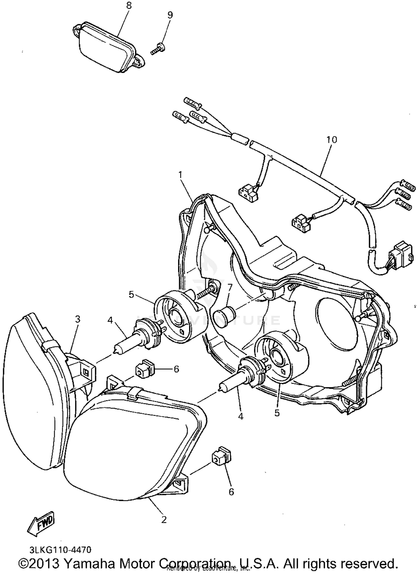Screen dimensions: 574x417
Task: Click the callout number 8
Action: click(x=129, y=6)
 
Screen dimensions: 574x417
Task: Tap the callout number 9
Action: click(x=170, y=15)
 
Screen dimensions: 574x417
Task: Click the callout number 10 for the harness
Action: click(x=331, y=139)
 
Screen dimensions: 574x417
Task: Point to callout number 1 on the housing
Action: click(x=180, y=175)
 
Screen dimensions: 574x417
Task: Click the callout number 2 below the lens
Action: click(x=164, y=519)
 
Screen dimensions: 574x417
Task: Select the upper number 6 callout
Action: click(x=176, y=369)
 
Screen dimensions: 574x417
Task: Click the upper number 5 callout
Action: click(x=131, y=294)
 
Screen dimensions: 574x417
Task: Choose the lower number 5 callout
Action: click(x=277, y=413)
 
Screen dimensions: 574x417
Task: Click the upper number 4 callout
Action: click(x=110, y=320)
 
